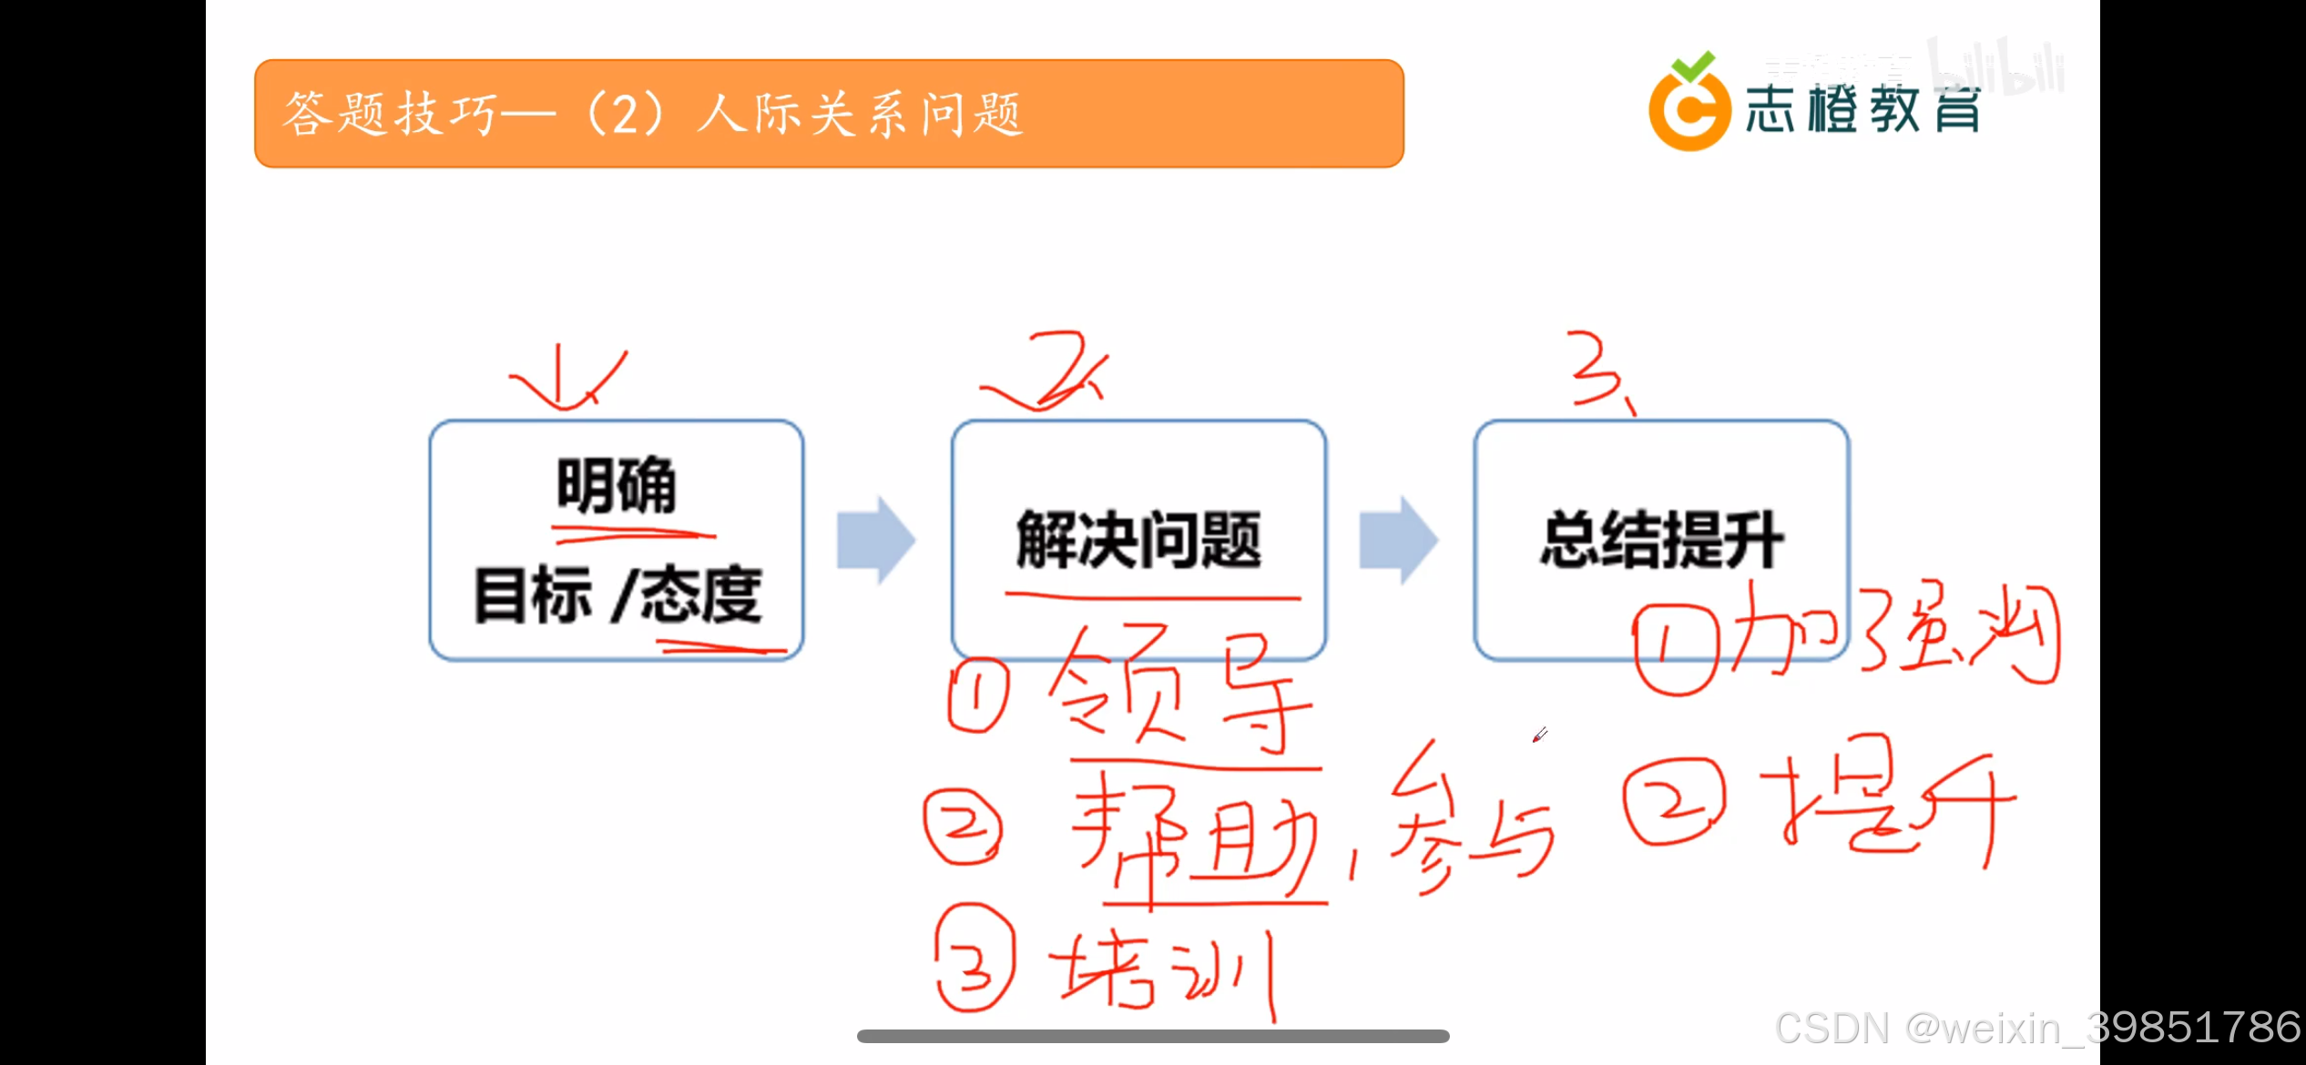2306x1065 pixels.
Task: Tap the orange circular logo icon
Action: [x=1689, y=107]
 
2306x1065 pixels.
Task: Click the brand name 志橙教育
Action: [x=1862, y=111]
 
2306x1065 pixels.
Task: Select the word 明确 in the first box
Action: [x=617, y=485]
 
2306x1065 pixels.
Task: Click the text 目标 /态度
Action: [x=617, y=594]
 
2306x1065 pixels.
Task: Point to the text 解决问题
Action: [x=1138, y=540]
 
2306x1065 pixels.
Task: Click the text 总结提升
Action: [x=1661, y=540]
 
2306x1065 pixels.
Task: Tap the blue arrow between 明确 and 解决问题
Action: [x=875, y=540]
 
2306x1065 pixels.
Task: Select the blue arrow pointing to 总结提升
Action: [x=1398, y=540]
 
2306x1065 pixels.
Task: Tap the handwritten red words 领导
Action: [x=1175, y=692]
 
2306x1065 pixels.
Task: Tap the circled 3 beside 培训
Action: [x=974, y=958]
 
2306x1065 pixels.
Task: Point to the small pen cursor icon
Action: [x=1539, y=735]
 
